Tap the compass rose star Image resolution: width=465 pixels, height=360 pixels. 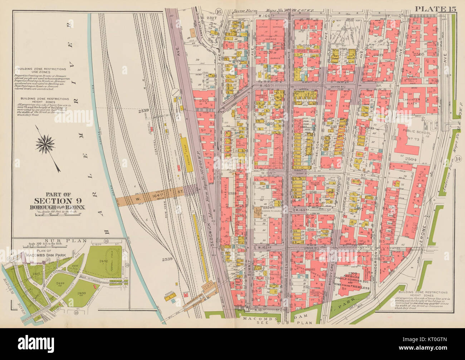click(46, 144)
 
